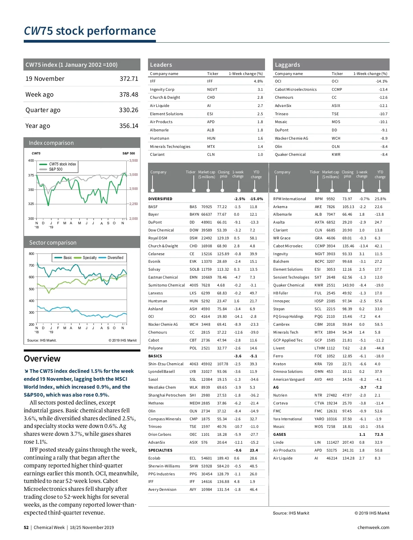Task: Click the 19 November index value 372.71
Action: tap(129, 79)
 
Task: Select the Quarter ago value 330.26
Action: tap(129, 110)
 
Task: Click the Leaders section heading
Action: tap(161, 65)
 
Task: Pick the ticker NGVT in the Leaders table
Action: tap(212, 89)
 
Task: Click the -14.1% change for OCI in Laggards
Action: tap(381, 82)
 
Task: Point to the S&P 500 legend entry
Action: tap(55, 169)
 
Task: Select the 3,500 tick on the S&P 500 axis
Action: tap(134, 161)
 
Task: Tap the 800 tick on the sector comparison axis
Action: tap(32, 254)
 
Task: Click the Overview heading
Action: tap(42, 359)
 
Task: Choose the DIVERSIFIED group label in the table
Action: tap(160, 199)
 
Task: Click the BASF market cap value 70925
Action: tap(206, 207)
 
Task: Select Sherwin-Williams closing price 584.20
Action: tap(223, 466)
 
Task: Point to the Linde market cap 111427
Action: tap(332, 442)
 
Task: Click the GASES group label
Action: tap(279, 434)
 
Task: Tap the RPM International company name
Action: tap(289, 199)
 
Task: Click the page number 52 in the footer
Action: tap(26, 528)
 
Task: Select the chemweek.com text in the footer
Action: tap(373, 528)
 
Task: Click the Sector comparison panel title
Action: tap(53, 242)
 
